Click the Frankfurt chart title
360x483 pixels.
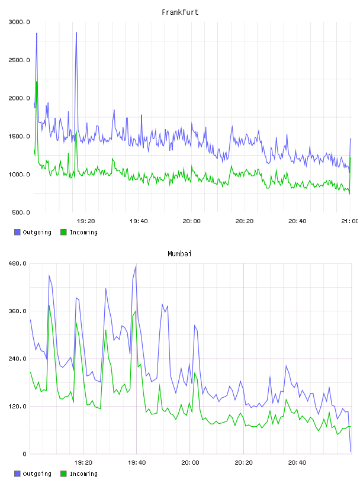tap(180, 12)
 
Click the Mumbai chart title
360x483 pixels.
tap(179, 254)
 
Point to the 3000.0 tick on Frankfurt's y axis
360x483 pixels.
tap(20, 22)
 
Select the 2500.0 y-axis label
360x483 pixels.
tap(20, 60)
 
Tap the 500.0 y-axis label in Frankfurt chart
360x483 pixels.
tap(21, 212)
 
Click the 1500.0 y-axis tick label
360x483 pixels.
tap(20, 137)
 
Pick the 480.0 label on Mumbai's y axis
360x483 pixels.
tap(17, 263)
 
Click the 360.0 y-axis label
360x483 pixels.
tap(17, 311)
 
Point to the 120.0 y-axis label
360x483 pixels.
tap(17, 406)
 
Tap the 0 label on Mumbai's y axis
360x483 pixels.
tap(25, 454)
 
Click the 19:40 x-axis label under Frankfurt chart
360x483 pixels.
tap(139, 221)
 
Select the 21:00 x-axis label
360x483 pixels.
tap(349, 221)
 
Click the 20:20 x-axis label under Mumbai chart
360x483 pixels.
tap(243, 463)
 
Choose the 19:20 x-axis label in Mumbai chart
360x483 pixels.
tap(83, 463)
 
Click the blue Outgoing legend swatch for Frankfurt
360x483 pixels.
tap(17, 232)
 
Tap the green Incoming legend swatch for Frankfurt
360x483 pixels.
tap(63, 232)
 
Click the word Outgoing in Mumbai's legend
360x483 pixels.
tap(37, 474)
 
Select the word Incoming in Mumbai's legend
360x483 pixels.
tap(83, 474)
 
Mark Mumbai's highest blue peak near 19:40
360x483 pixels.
tap(136, 267)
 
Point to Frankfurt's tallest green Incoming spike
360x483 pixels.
tap(37, 82)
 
